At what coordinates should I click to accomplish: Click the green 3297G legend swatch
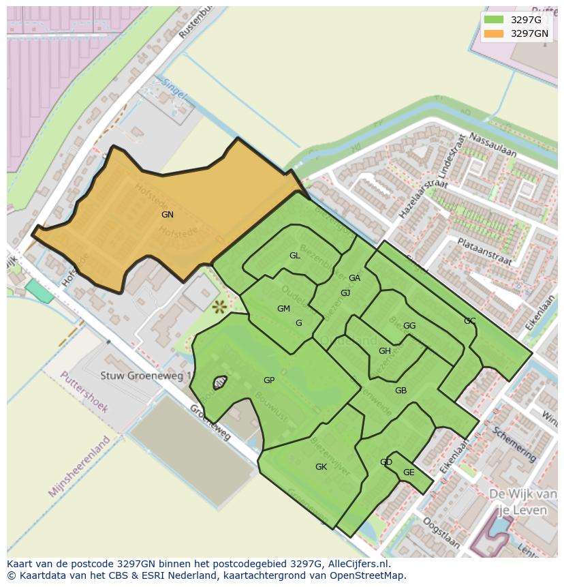pos(494,20)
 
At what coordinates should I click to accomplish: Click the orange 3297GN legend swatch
pos(494,33)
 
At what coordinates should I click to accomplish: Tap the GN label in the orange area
pos(168,215)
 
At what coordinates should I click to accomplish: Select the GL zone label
pos(295,256)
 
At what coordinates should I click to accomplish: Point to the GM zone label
pos(283,309)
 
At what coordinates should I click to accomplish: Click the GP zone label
pos(269,380)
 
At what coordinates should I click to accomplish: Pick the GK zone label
pos(321,467)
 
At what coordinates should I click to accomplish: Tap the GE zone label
pos(409,472)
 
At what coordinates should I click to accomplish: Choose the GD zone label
pos(386,462)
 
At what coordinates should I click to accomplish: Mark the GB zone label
pos(401,391)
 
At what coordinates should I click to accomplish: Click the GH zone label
pos(385,351)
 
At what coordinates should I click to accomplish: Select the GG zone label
pos(409,326)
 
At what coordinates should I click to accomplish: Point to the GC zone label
pos(469,321)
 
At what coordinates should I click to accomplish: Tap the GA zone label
pos(354,278)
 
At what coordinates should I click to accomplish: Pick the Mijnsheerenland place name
pos(80,466)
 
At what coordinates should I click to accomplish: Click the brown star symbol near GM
pos(219,307)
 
